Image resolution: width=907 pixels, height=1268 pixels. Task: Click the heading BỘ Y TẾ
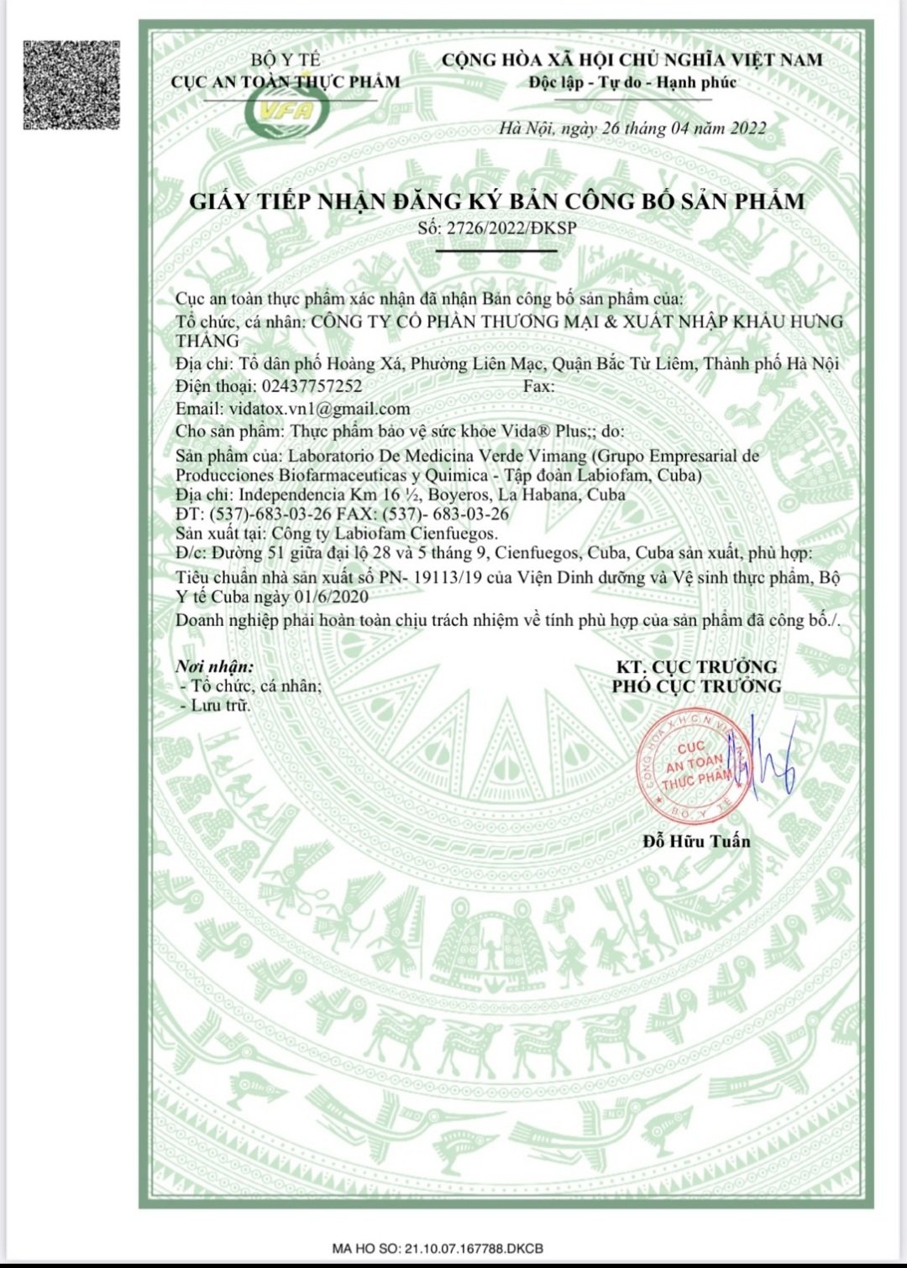coord(286,60)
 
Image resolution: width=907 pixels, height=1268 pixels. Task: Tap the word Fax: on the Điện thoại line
coord(538,386)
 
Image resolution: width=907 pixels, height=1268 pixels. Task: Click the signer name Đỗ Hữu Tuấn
coord(696,841)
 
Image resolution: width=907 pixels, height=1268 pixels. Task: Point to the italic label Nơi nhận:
coord(214,666)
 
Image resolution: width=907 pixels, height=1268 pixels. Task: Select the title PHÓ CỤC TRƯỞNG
coord(696,686)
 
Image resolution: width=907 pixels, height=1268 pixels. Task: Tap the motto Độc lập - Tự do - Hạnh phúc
coord(632,82)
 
